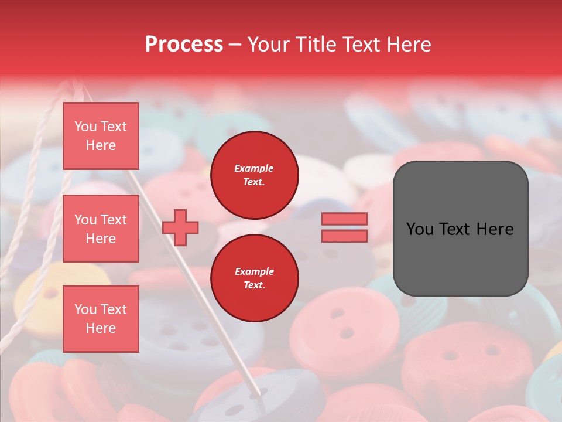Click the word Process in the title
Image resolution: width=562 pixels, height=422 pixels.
tap(184, 45)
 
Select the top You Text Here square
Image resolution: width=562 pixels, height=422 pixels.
tap(101, 136)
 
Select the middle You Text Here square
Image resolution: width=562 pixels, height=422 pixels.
tap(101, 229)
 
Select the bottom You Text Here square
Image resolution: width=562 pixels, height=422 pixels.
tap(101, 319)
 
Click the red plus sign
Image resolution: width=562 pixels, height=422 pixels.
tap(180, 227)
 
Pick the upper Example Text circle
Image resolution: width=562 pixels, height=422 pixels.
tap(254, 175)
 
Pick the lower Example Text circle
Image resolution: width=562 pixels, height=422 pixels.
tap(254, 278)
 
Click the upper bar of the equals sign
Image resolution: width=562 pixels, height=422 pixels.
tap(344, 219)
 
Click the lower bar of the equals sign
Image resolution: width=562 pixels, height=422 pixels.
tap(344, 236)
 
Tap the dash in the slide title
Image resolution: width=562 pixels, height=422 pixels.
tap(235, 45)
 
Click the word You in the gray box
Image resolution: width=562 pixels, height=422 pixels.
tap(420, 229)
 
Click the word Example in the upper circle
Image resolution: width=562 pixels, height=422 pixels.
tap(254, 168)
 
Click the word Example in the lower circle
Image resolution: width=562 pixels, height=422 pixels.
tap(254, 271)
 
